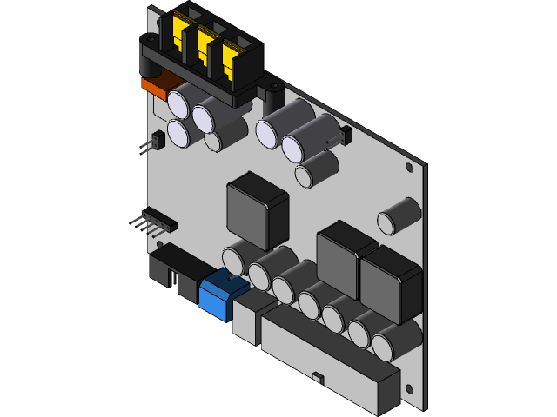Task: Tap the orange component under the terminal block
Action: pos(157,86)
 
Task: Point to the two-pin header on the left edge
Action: pos(156,140)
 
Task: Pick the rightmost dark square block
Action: pos(391,282)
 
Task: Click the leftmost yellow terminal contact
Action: pos(184,30)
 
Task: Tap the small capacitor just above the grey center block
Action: pos(315,169)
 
